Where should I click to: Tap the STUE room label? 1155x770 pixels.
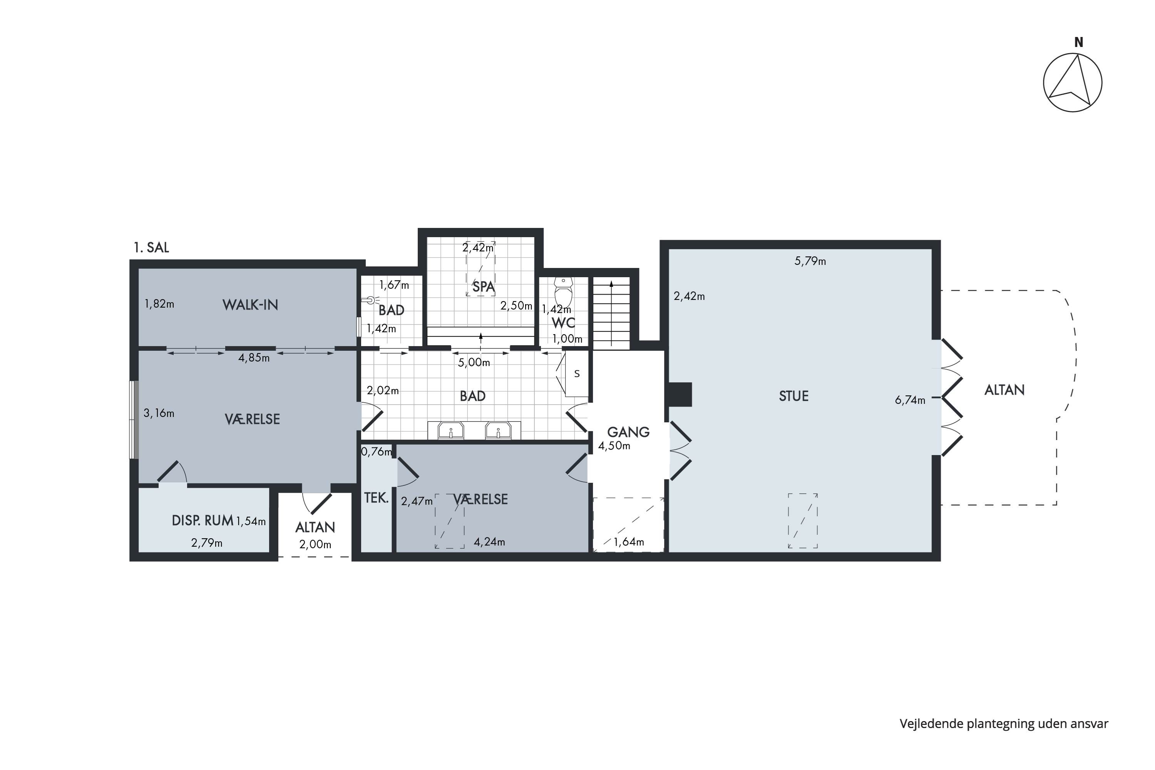(x=793, y=396)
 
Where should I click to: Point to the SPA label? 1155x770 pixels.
(x=483, y=287)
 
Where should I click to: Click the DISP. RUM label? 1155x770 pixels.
(x=203, y=521)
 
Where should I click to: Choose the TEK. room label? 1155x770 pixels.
(x=376, y=498)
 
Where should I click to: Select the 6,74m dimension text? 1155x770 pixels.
(x=910, y=400)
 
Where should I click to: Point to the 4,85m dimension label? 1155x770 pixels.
(x=254, y=358)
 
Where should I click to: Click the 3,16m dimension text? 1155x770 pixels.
(x=159, y=413)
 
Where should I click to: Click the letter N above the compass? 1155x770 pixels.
(x=1079, y=43)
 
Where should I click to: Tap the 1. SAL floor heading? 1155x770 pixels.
(x=151, y=248)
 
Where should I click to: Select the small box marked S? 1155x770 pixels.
(x=577, y=374)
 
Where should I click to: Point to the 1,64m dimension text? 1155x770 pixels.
(x=629, y=542)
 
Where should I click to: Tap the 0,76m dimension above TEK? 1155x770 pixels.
(x=377, y=452)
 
